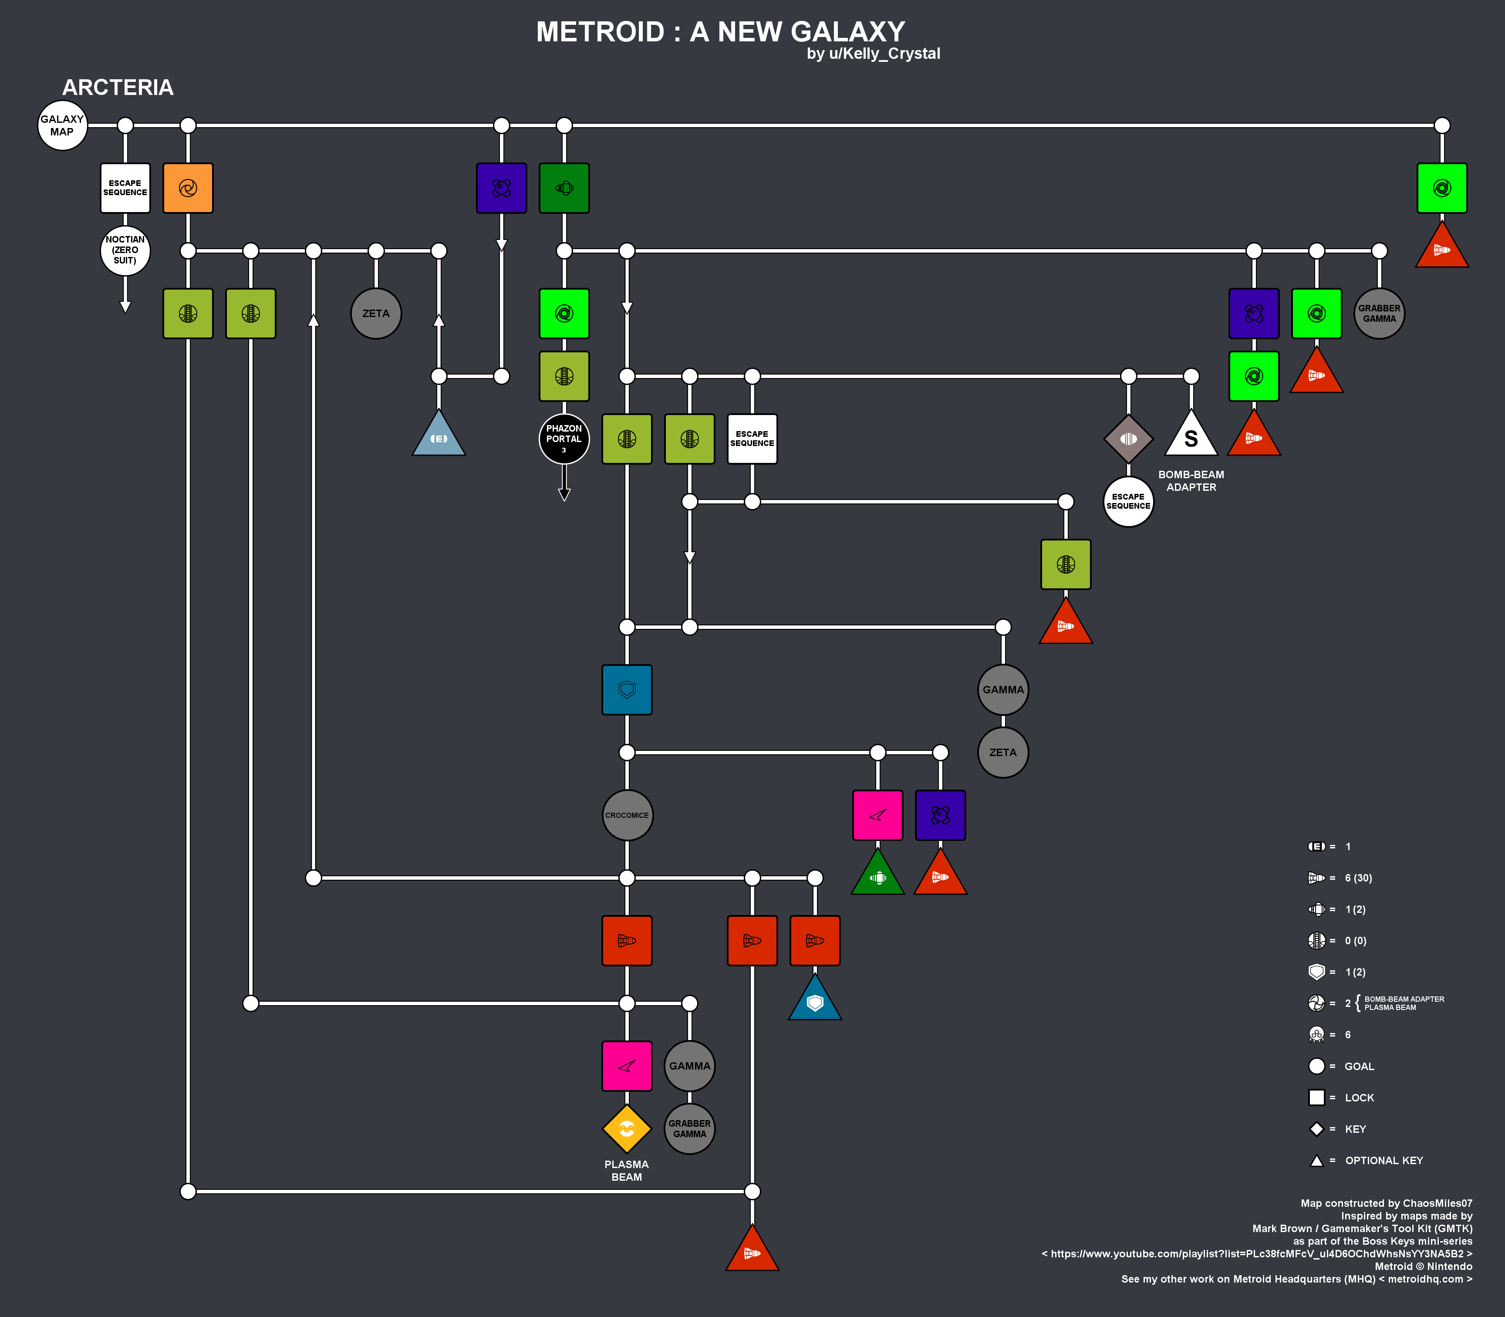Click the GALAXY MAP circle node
(62, 126)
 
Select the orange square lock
(188, 188)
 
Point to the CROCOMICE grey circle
(627, 815)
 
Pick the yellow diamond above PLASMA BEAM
(627, 1129)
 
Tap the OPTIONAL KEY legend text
(1384, 1161)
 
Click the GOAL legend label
(1360, 1067)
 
